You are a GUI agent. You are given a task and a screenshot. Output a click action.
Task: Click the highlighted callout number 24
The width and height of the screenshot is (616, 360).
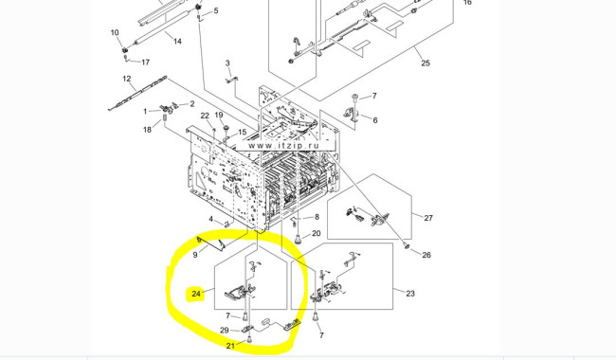point(196,294)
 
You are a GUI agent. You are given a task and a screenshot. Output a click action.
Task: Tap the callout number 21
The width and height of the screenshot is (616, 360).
point(230,346)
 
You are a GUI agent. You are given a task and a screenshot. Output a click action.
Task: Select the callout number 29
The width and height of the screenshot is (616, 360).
point(224,331)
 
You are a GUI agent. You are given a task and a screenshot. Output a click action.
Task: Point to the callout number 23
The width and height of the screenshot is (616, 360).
point(410,294)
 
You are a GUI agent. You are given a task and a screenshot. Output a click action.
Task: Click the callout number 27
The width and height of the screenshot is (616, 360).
point(428,218)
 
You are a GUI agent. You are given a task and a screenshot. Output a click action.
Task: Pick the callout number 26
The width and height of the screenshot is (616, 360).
point(426,255)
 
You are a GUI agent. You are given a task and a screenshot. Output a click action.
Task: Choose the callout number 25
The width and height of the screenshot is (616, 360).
point(426,63)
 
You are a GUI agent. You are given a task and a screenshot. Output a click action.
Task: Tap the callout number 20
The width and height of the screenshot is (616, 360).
point(317,234)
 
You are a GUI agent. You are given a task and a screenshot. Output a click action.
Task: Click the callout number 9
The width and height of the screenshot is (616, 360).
point(195,255)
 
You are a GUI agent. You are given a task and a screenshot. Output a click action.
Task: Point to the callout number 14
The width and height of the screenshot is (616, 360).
point(177,42)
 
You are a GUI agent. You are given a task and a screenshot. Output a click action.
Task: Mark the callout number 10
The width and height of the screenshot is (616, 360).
point(115,32)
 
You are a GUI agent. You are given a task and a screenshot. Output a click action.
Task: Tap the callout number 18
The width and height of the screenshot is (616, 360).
point(147,130)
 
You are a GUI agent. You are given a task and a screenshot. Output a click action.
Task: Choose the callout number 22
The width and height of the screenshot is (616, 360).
point(205,116)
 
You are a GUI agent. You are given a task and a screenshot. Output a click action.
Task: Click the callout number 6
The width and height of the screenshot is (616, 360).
point(374,120)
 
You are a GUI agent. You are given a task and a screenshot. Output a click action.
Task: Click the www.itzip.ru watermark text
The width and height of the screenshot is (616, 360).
point(283,146)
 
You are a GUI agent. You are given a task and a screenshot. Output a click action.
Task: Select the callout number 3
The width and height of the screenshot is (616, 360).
point(227,63)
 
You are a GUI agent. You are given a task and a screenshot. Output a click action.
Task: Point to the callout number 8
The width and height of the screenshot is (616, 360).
point(317,217)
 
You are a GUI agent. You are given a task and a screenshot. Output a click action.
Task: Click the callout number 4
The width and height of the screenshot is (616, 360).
point(211,219)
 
